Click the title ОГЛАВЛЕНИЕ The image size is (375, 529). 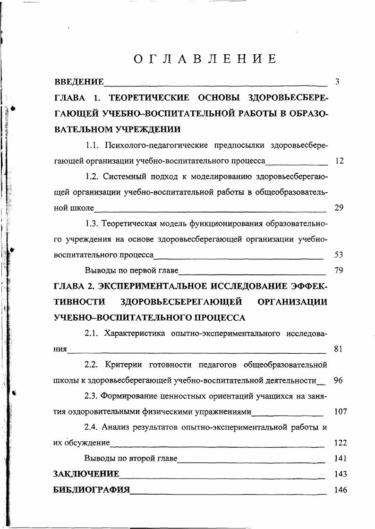pos(204,59)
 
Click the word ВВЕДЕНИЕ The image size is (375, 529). pos(79,82)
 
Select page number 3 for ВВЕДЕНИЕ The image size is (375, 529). pos(337,82)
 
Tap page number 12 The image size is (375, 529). pos(339,161)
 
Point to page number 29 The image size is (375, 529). pos(339,208)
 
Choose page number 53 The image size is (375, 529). pos(338,255)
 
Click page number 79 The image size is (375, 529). pos(338,271)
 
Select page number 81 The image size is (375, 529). pos(338,349)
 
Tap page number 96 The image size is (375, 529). pos(338,380)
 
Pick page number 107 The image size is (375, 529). pos(340,411)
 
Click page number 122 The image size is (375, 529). pos(340,443)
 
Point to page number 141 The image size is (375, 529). pos(340,458)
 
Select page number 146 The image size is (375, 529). pos(340,490)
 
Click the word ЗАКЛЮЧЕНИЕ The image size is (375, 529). pos(86,474)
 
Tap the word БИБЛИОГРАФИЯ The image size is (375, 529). pos(92,490)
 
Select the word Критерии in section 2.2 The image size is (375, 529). pos(124,365)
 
